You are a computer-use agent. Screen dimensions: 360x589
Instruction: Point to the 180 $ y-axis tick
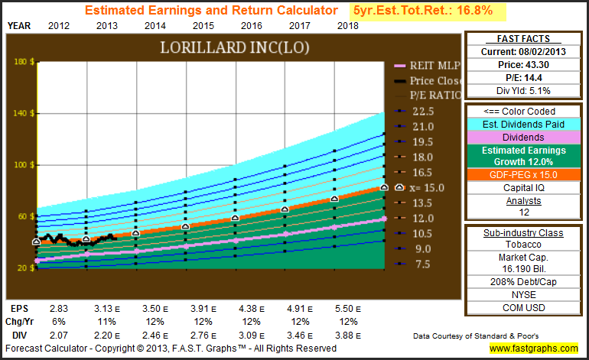tap(24, 62)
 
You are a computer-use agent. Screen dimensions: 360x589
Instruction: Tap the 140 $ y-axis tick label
tap(24, 113)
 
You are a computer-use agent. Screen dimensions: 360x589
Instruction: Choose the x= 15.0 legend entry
tap(427, 187)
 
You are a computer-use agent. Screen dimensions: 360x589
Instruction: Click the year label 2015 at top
tap(202, 25)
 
